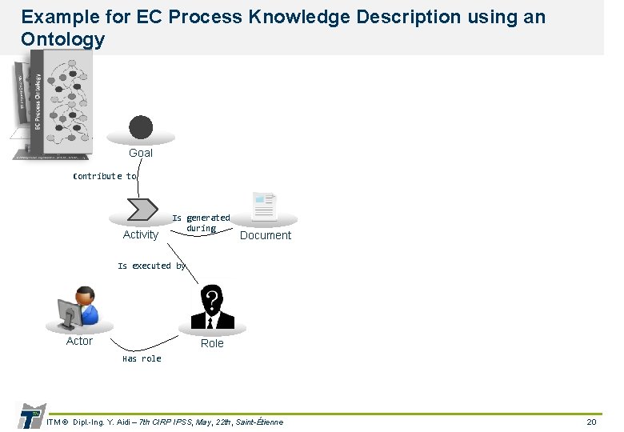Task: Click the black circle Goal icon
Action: click(x=141, y=128)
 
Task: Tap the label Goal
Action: click(x=141, y=153)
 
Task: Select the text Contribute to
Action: click(x=105, y=176)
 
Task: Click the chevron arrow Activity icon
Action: click(x=142, y=209)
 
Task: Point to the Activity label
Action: click(x=141, y=234)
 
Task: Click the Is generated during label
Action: click(x=201, y=223)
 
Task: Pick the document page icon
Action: click(x=264, y=206)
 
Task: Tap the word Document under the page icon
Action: click(x=266, y=235)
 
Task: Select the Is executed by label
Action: click(x=151, y=266)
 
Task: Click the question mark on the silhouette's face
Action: click(x=211, y=300)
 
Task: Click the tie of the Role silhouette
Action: click(x=211, y=322)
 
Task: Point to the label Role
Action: click(x=212, y=343)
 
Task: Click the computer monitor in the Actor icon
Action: click(x=70, y=313)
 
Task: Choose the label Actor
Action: click(x=79, y=341)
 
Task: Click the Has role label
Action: click(x=142, y=359)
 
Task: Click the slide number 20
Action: click(x=591, y=422)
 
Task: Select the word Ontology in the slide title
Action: click(x=62, y=39)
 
